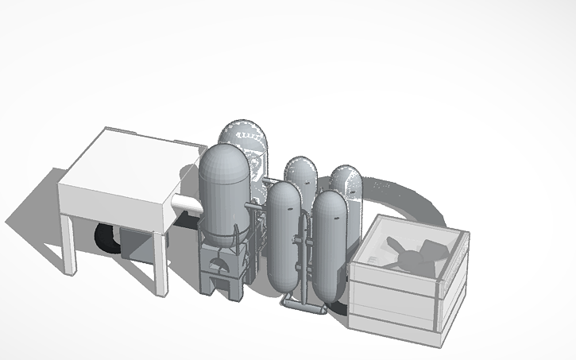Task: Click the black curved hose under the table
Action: coord(106,238)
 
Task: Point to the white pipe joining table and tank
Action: coord(188,204)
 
